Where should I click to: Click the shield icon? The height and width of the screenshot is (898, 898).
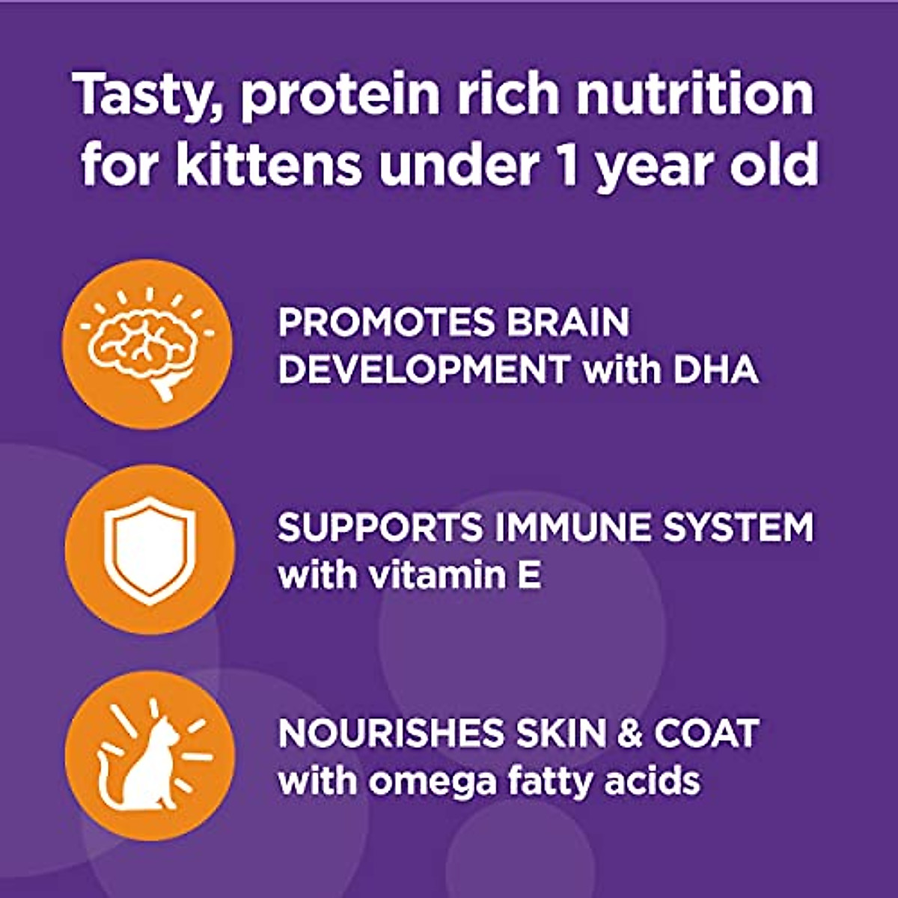[150, 550]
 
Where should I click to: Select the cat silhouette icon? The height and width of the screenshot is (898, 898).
[150, 756]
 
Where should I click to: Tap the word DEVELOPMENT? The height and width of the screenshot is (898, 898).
[423, 370]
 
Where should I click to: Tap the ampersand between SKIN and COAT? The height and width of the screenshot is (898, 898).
[629, 733]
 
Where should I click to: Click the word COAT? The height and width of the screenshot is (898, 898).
[706, 733]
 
